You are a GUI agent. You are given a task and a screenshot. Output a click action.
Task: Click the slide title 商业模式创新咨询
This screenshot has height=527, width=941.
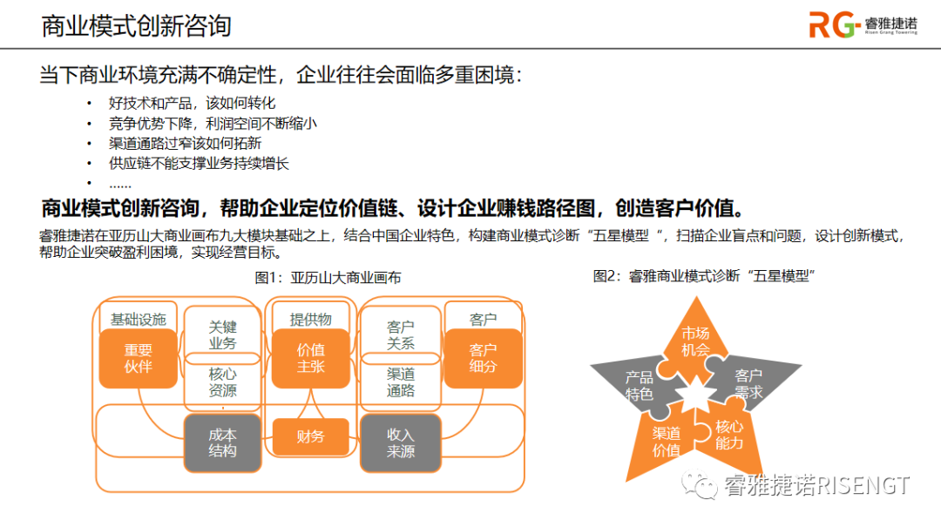(x=137, y=25)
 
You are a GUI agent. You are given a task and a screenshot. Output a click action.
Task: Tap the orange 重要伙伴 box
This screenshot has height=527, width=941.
(x=138, y=358)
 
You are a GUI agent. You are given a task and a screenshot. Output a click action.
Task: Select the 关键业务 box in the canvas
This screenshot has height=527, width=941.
(x=222, y=334)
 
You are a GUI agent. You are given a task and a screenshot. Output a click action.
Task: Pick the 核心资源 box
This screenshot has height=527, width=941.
(x=222, y=382)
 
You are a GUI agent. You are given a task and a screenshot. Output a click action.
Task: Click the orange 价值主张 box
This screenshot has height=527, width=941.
(x=310, y=358)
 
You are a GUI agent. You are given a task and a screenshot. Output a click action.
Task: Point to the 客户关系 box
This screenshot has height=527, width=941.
(x=400, y=334)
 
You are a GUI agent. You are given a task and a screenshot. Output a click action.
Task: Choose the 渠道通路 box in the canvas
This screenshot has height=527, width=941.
(x=400, y=382)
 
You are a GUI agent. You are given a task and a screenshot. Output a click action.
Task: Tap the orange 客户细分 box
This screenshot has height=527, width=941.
(x=483, y=358)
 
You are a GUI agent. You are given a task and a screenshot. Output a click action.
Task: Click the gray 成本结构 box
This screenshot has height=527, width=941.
(x=222, y=442)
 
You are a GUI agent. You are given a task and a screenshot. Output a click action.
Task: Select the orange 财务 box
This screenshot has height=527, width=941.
(x=310, y=436)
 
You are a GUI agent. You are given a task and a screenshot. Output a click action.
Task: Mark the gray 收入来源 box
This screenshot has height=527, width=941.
(x=400, y=442)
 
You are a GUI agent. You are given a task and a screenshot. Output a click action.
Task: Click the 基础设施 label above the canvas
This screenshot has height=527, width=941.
(x=138, y=320)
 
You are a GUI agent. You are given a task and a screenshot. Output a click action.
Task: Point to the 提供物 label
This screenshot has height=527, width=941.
(x=310, y=320)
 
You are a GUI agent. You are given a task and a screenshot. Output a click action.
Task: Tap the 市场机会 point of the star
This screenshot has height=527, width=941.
(x=695, y=341)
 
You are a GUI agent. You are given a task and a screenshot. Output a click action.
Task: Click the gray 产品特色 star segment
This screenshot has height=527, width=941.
(x=640, y=385)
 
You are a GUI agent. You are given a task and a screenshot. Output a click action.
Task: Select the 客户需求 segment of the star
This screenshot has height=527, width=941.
(x=748, y=383)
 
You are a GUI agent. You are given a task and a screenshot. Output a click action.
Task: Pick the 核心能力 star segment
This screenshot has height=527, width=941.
(x=728, y=434)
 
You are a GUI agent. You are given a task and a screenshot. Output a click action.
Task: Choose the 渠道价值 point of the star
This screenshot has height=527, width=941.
(x=667, y=442)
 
